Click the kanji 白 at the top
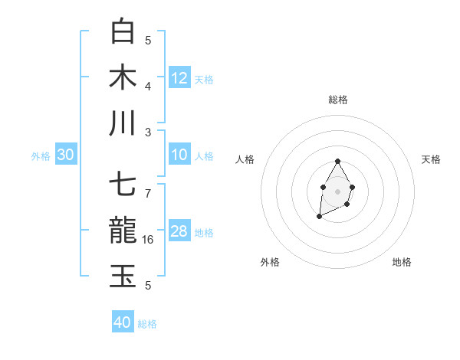pos(123,31)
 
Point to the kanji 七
pos(123,186)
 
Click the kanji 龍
pos(123,231)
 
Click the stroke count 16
pos(148,240)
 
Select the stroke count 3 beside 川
pos(148,131)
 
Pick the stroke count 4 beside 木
pos(148,85)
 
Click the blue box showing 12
pos(179,77)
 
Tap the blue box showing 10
pos(179,155)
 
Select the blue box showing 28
pos(179,231)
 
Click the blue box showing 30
pos(65,155)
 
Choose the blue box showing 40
pos(123,322)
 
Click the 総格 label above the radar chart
pos(337,100)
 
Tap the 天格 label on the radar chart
pos(431,159)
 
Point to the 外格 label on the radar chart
pos(270,262)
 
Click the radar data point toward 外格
pos(319,218)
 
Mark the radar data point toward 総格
pos(337,161)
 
